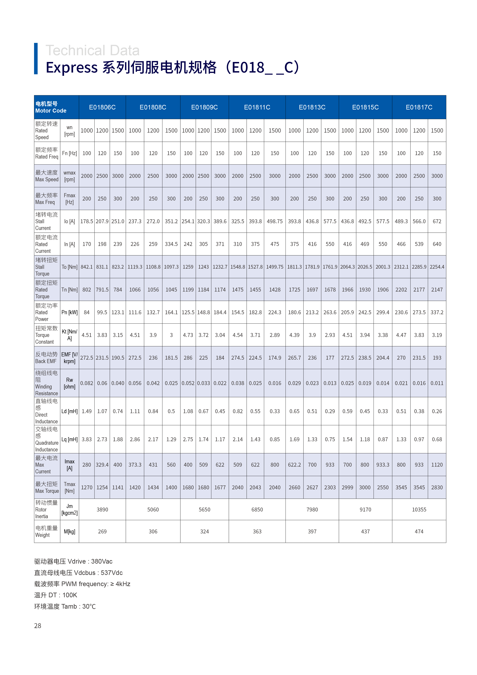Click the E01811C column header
point(257,107)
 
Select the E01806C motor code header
point(102,107)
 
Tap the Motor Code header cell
point(51,107)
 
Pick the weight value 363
point(257,531)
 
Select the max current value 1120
point(437,465)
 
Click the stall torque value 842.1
point(87,267)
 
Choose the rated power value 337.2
point(437,312)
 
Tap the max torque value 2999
point(347,487)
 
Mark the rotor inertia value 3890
point(102,510)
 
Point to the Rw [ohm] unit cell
point(69,383)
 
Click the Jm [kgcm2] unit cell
point(69,510)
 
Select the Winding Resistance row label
point(47,383)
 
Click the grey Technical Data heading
point(93,51)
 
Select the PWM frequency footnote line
point(82,584)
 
